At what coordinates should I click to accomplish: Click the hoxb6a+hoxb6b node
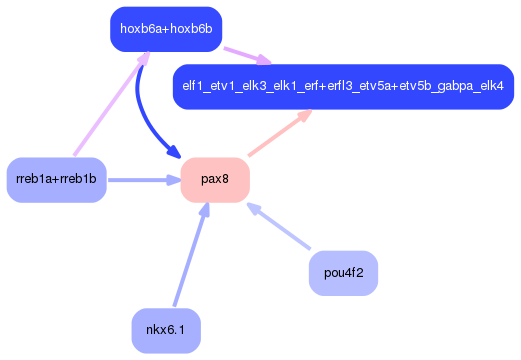[x=166, y=29]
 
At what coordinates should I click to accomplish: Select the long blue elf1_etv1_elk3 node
[x=343, y=87]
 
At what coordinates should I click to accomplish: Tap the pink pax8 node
[x=215, y=180]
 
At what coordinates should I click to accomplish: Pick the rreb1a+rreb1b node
[x=56, y=180]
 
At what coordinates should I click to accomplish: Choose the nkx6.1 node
[x=166, y=330]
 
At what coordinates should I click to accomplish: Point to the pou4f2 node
[x=343, y=272]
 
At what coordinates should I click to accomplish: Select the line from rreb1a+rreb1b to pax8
[x=140, y=180]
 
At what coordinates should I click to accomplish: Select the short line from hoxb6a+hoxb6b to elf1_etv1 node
[x=238, y=52]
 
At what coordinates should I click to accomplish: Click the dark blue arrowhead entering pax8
[x=173, y=155]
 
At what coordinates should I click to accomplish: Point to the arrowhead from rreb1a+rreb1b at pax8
[x=172, y=180]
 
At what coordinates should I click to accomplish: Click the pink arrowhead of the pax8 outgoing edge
[x=301, y=116]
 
